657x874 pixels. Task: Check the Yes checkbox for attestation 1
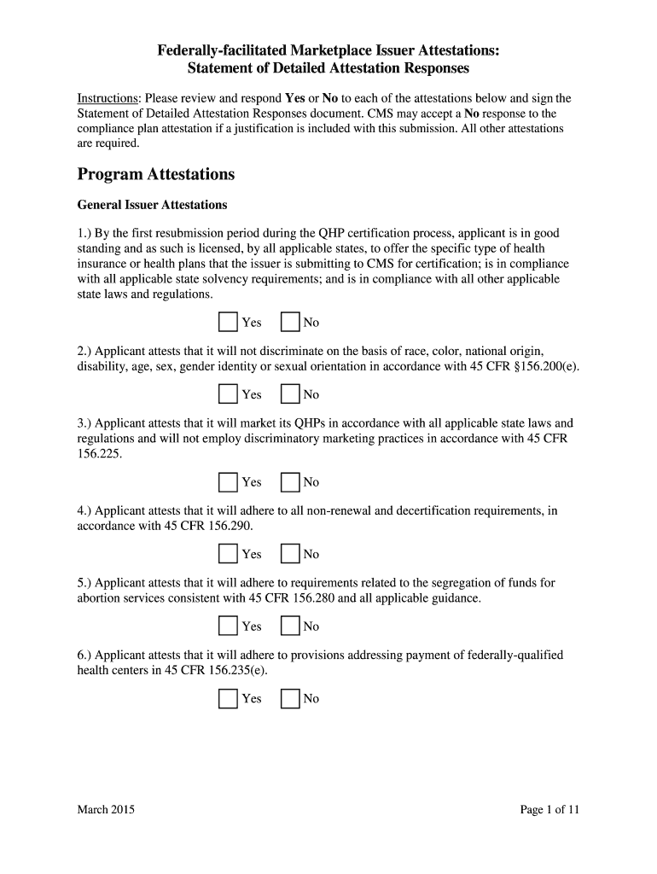click(x=228, y=322)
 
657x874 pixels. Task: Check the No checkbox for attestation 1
click(x=290, y=322)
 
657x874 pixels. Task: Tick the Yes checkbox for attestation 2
click(x=228, y=393)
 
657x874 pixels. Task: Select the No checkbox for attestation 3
click(x=290, y=482)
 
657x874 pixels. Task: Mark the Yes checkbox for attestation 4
click(x=228, y=554)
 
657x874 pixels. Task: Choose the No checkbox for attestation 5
click(x=290, y=626)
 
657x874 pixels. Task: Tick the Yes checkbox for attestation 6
click(x=228, y=698)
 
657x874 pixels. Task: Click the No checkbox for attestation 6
click(x=290, y=698)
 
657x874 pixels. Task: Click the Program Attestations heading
click(x=155, y=174)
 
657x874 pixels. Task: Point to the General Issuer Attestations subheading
click(x=152, y=205)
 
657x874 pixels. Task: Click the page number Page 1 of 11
click(x=549, y=810)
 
